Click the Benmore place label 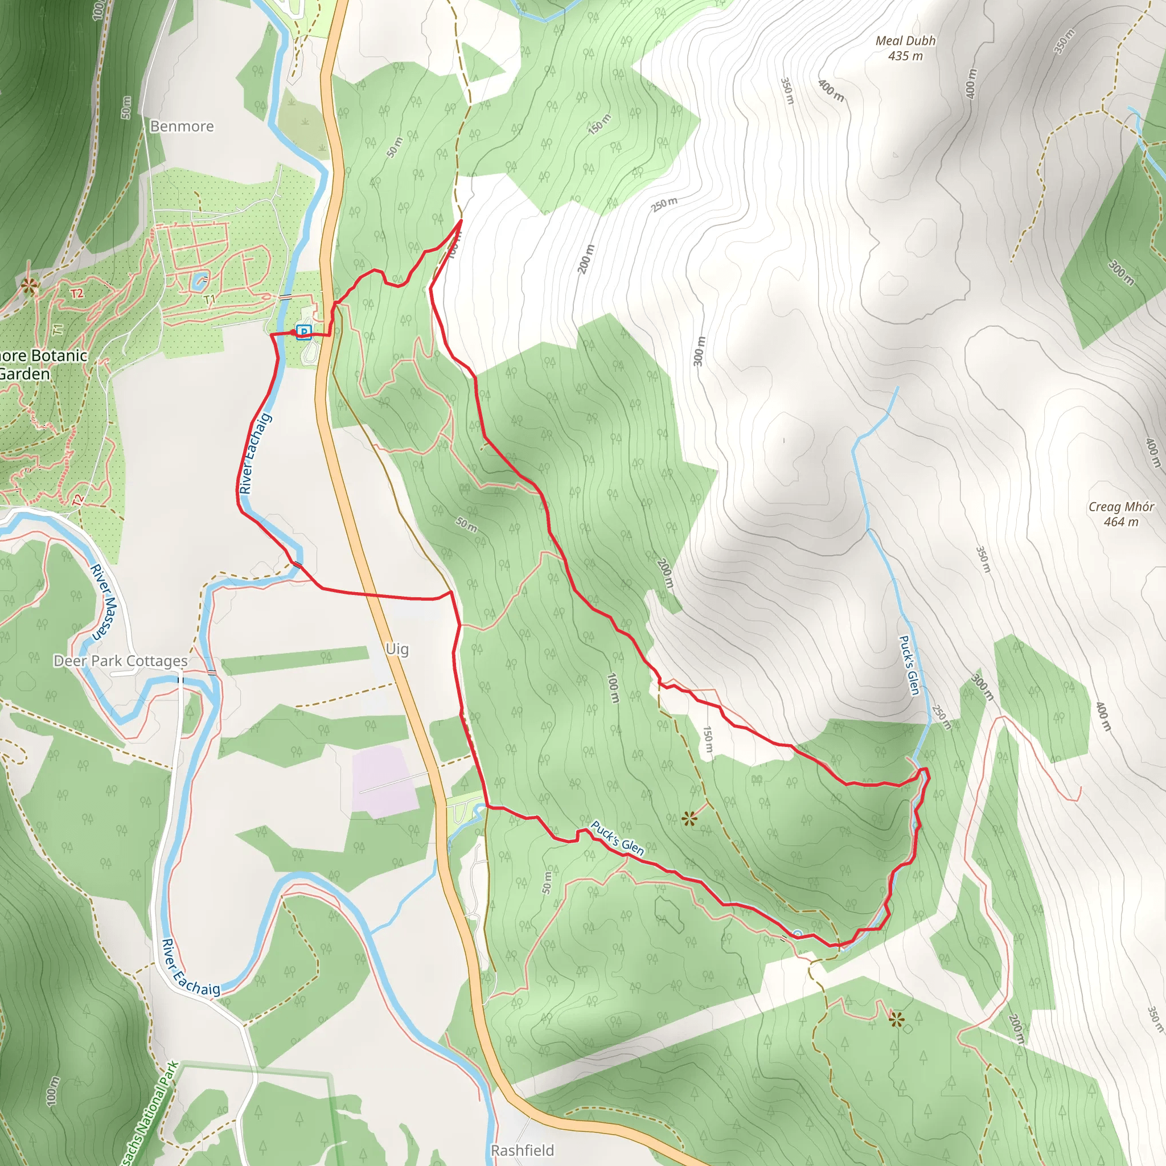pyautogui.click(x=182, y=126)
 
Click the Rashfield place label pyautogui.click(x=522, y=1149)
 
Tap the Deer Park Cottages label pyautogui.click(x=121, y=661)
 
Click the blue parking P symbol pyautogui.click(x=304, y=331)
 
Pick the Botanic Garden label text pyautogui.click(x=42, y=364)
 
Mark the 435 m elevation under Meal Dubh pyautogui.click(x=905, y=56)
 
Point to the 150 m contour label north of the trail pyautogui.click(x=600, y=124)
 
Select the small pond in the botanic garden pyautogui.click(x=199, y=280)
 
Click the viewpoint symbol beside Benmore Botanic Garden pyautogui.click(x=28, y=286)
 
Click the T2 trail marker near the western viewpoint pyautogui.click(x=77, y=294)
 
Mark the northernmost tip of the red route pyautogui.click(x=462, y=221)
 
